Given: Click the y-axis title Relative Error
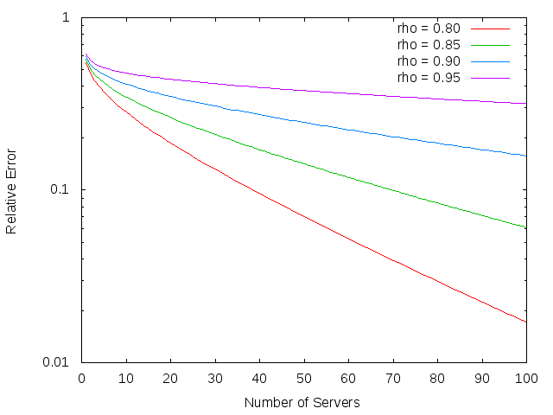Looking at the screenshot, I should click(12, 189).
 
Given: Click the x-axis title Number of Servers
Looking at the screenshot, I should click(302, 402).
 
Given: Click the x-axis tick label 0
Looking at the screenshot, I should click(82, 378).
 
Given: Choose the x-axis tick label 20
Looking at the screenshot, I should click(171, 378).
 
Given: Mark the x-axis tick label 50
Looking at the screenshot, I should click(304, 378).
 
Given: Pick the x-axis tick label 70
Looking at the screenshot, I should click(393, 378).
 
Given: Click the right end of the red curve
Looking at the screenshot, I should click(526, 322).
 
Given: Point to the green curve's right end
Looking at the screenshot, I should click(526, 227).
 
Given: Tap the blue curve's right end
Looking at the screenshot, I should click(526, 156).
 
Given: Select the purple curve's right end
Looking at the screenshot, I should click(526, 104).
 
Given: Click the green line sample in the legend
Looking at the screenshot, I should click(489, 44).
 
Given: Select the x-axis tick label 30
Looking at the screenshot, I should click(215, 378).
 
